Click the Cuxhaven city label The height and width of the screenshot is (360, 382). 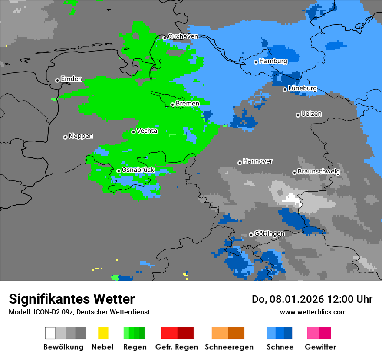click(183, 36)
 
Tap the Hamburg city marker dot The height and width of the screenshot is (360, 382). click(256, 62)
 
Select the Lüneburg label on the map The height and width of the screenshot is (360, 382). click(303, 88)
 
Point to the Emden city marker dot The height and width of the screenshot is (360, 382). click(57, 80)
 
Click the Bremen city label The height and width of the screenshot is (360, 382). click(188, 104)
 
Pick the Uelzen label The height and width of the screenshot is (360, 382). click(311, 114)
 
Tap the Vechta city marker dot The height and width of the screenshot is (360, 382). click(133, 132)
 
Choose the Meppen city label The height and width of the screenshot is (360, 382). click(81, 136)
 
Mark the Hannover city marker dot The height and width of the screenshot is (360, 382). click(240, 163)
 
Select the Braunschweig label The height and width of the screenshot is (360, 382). click(319, 172)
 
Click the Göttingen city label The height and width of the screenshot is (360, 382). click(269, 234)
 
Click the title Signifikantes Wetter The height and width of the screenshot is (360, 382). click(72, 299)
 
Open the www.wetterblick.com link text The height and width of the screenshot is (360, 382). click(313, 312)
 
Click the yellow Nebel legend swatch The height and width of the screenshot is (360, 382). click(103, 333)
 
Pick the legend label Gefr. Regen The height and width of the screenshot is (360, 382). click(177, 347)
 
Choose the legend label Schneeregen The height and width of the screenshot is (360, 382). click(229, 347)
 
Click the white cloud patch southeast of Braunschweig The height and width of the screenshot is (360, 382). click(291, 200)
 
